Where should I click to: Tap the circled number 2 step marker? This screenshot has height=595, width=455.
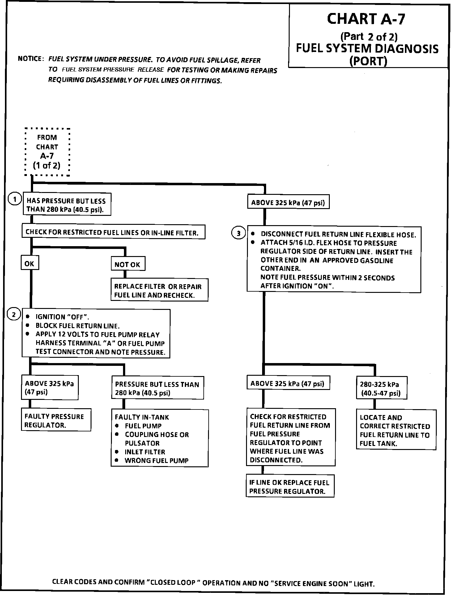click(14, 315)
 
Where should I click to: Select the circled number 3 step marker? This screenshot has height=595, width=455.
click(238, 233)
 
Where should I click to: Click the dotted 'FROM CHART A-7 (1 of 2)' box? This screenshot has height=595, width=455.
click(47, 152)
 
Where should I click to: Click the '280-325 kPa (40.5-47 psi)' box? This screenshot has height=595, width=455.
click(381, 388)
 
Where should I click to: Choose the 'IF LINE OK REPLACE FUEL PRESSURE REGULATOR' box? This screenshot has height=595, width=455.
click(290, 487)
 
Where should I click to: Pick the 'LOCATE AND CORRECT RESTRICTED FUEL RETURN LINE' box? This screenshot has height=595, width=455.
click(396, 430)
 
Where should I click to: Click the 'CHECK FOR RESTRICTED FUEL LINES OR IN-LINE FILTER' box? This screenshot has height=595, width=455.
click(113, 232)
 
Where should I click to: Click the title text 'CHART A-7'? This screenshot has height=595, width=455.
click(365, 19)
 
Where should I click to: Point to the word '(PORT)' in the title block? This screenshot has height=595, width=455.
click(368, 61)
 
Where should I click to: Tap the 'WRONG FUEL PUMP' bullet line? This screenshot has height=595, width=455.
click(156, 460)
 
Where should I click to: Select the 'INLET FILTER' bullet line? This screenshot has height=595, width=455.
click(145, 452)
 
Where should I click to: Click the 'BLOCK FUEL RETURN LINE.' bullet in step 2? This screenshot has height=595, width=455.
click(78, 326)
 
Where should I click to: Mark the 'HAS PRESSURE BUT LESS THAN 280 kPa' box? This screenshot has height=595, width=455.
click(67, 205)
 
